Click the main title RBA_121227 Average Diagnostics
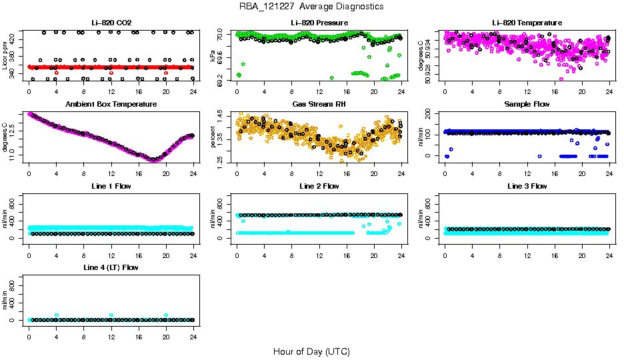311,7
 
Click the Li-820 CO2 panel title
111,23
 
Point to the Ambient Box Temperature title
111,104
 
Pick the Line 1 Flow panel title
111,185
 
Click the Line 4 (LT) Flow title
111,267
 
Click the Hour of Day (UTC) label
311,351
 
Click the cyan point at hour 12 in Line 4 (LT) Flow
111,315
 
